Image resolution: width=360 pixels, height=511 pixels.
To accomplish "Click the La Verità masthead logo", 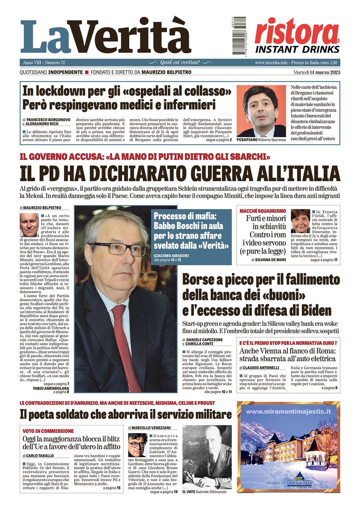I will (105, 37).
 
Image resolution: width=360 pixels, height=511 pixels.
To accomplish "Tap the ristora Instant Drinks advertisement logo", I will (297, 36).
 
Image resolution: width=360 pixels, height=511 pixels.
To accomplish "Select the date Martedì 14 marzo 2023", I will (317, 72).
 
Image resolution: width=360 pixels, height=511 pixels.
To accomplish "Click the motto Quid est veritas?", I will (180, 62).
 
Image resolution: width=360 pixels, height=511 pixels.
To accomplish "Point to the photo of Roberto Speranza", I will (261, 111).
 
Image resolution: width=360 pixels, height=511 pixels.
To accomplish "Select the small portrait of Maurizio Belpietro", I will (29, 225).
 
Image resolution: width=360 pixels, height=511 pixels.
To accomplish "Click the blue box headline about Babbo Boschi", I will (191, 231).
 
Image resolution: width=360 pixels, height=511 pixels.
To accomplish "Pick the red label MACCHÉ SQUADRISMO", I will (262, 211).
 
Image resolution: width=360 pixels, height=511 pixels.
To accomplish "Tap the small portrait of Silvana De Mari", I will (300, 221).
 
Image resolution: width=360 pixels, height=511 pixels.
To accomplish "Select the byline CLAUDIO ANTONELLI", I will (261, 368).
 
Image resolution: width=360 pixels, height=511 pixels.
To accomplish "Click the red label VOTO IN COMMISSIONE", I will (48, 431).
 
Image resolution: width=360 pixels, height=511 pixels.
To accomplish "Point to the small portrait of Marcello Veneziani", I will (138, 445).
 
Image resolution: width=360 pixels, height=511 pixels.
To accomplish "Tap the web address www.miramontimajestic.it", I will (288, 412).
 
